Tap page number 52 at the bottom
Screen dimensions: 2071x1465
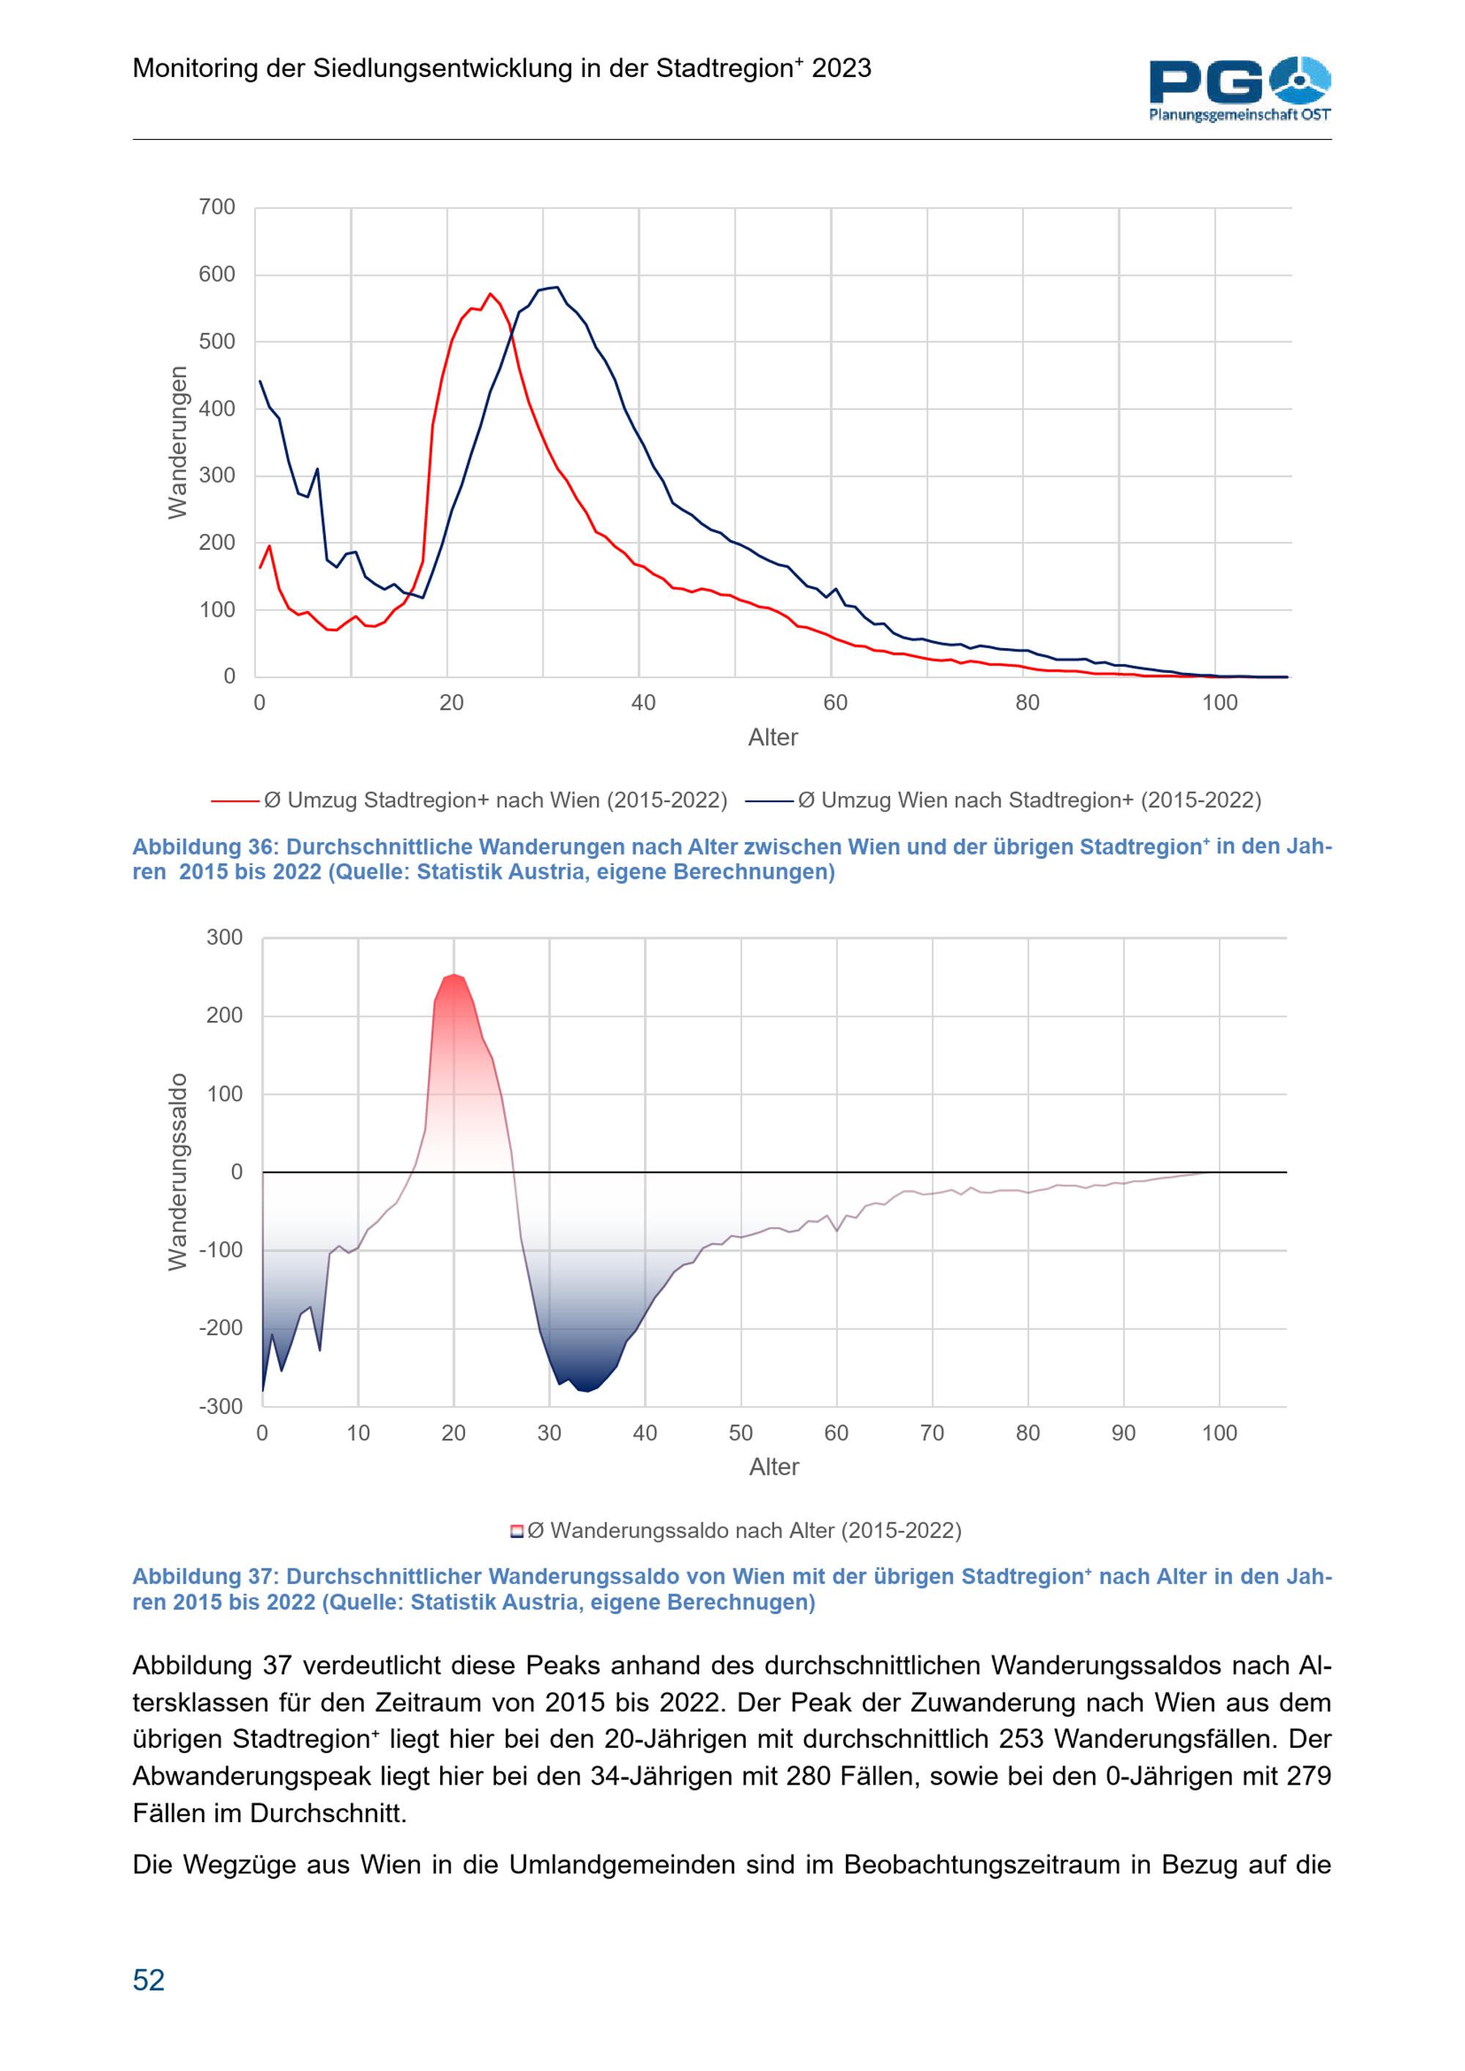coord(149,1980)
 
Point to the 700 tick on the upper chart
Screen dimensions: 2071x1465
coord(217,207)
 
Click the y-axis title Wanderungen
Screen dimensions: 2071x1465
coord(178,442)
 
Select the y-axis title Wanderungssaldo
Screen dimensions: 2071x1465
coord(178,1172)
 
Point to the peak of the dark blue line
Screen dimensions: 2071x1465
coord(557,288)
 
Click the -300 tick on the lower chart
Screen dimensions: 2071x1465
coord(222,1407)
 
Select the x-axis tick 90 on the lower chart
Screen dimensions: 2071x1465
coord(1123,1433)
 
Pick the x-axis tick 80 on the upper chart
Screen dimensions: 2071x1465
coord(1028,703)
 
